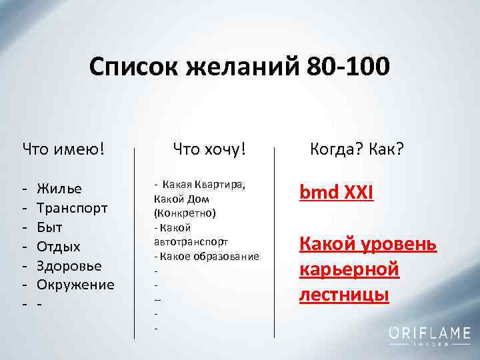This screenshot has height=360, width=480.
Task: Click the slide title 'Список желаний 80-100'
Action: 239,67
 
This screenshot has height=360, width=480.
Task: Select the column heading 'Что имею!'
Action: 64,147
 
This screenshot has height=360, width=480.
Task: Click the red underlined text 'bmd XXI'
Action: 337,193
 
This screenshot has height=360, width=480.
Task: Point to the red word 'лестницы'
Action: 344,293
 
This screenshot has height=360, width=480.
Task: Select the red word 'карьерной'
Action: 349,269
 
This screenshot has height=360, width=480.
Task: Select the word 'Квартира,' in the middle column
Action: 221,185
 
